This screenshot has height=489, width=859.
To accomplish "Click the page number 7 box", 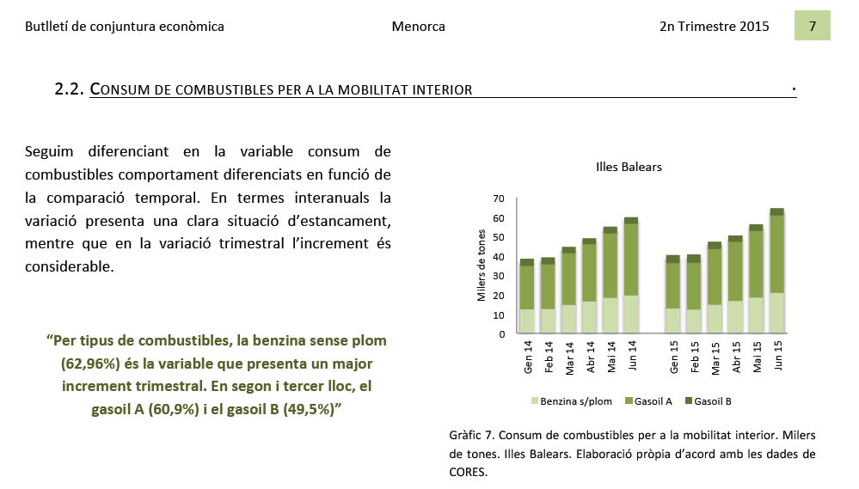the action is [812, 26].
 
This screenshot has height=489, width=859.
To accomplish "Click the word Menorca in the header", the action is [418, 27].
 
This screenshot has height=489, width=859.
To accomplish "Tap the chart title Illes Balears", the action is [629, 167].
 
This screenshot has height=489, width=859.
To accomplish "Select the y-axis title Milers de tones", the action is [482, 265].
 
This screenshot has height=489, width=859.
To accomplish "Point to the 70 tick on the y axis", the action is [498, 199].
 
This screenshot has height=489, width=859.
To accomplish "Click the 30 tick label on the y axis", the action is [498, 276].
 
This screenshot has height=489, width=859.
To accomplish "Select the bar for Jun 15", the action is [776, 271].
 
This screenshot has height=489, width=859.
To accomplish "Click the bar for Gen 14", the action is [527, 296].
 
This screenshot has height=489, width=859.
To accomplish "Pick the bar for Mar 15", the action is [715, 288].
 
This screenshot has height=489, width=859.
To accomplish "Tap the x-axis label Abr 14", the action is [590, 357].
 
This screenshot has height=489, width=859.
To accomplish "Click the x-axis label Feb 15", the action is [695, 357].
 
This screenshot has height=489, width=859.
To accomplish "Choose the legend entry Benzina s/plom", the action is [572, 401].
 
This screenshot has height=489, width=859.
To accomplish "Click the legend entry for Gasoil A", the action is [648, 401].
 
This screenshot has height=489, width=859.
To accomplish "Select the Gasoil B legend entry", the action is [709, 401].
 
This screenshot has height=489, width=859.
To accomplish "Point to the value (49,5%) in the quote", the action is [309, 409].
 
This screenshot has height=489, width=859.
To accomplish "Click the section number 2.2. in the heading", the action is [69, 89].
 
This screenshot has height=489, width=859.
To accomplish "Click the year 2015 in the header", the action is [753, 27].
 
